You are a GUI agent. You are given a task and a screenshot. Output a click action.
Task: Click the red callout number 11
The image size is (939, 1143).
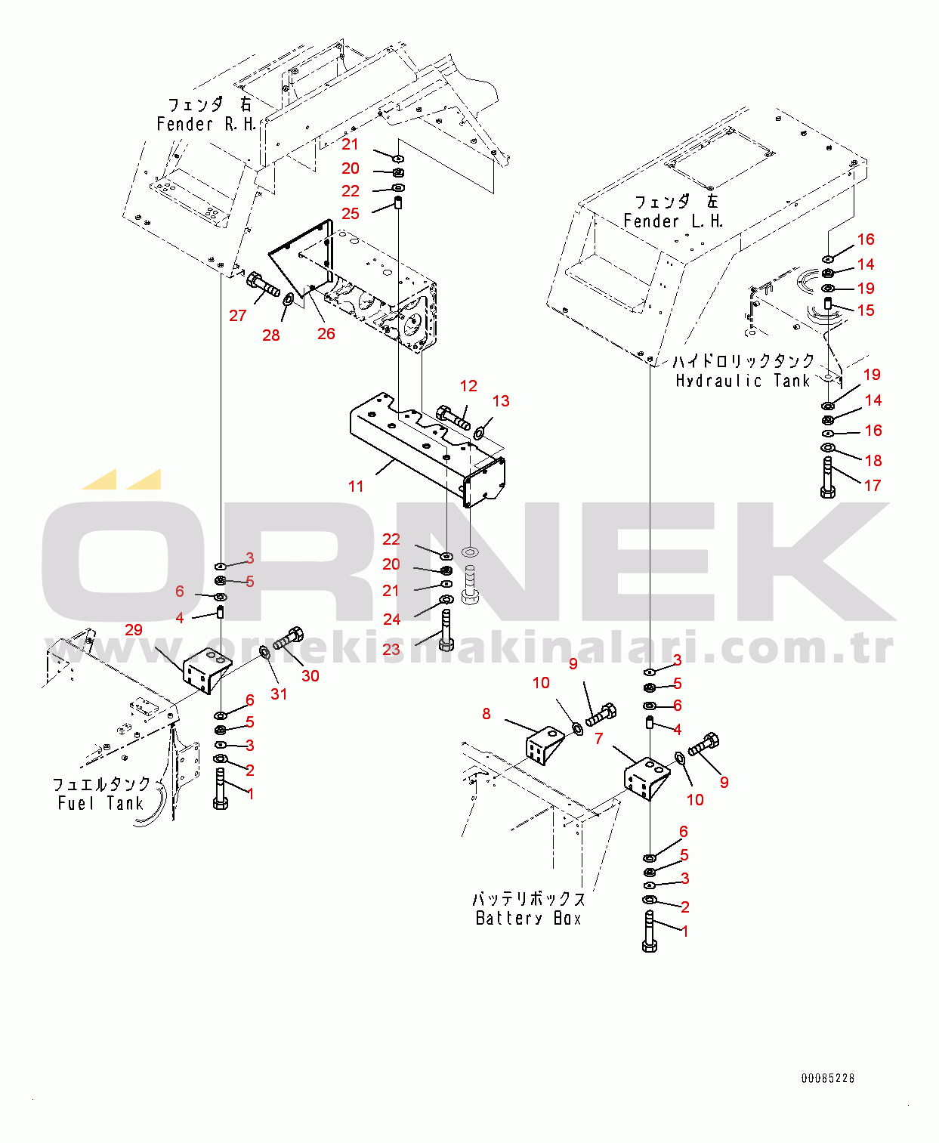[356, 487]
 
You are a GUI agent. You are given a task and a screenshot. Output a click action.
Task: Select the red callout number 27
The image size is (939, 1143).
[238, 316]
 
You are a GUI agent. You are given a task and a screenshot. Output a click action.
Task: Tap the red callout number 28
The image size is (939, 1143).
[271, 335]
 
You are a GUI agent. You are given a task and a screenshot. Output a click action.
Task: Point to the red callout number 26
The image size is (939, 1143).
[326, 334]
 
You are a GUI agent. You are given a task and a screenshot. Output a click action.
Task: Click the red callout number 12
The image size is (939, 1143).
[468, 386]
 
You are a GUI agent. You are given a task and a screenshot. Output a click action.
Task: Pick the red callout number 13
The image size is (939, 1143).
[501, 401]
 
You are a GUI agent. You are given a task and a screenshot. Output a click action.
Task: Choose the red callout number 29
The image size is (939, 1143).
[134, 630]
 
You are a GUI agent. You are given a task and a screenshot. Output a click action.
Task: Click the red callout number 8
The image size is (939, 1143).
[486, 714]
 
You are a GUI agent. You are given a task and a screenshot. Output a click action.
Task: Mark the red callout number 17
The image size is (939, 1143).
[873, 486]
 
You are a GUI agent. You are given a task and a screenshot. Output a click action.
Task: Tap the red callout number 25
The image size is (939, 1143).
[351, 214]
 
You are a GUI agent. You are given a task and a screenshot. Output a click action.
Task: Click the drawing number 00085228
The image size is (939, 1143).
[828, 1079]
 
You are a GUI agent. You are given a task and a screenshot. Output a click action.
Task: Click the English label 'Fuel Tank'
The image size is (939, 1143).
[100, 804]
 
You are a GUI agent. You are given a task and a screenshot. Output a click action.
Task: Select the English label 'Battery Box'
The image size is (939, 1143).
[529, 919]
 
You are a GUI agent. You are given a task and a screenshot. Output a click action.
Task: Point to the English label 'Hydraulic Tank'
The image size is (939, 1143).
[743, 381]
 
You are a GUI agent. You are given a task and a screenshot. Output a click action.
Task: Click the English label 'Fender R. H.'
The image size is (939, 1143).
[206, 125]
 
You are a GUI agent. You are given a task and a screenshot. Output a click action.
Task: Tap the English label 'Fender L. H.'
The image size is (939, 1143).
[673, 221]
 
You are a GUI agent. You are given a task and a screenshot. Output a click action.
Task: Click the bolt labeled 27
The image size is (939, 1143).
[262, 286]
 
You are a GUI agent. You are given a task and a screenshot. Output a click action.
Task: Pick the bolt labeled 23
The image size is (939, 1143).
[446, 631]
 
